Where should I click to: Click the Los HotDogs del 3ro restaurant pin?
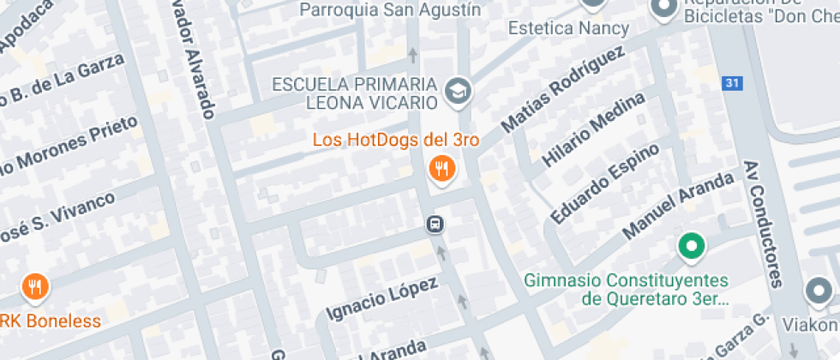pyautogui.click(x=442, y=170)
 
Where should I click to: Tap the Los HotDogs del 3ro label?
pyautogui.click(x=395, y=139)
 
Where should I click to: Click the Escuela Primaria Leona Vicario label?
pyautogui.click(x=354, y=93)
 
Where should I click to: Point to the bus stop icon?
pyautogui.click(x=435, y=225)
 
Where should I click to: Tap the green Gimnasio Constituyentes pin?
pyautogui.click(x=691, y=247)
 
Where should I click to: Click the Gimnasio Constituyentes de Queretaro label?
pyautogui.click(x=626, y=290)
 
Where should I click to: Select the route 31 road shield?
pyautogui.click(x=730, y=83)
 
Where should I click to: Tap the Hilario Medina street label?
pyautogui.click(x=593, y=129)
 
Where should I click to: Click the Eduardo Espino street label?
pyautogui.click(x=605, y=182)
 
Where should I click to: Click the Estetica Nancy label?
pyautogui.click(x=568, y=28)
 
